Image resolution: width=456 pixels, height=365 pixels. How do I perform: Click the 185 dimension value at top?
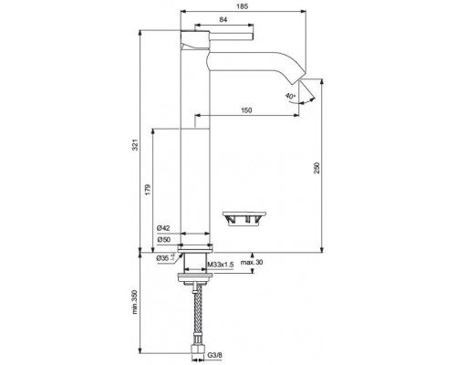pyautogui.click(x=242, y=7)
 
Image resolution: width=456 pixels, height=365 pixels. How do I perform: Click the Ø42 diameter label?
pyautogui.click(x=164, y=227)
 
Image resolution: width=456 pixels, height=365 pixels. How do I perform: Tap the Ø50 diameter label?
pyautogui.click(x=164, y=239)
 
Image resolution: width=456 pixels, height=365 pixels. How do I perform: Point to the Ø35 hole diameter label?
pyautogui.click(x=165, y=259)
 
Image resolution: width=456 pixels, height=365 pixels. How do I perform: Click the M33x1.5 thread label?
pyautogui.click(x=221, y=265)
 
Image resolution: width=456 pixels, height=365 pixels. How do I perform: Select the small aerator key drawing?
pyautogui.click(x=244, y=218)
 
